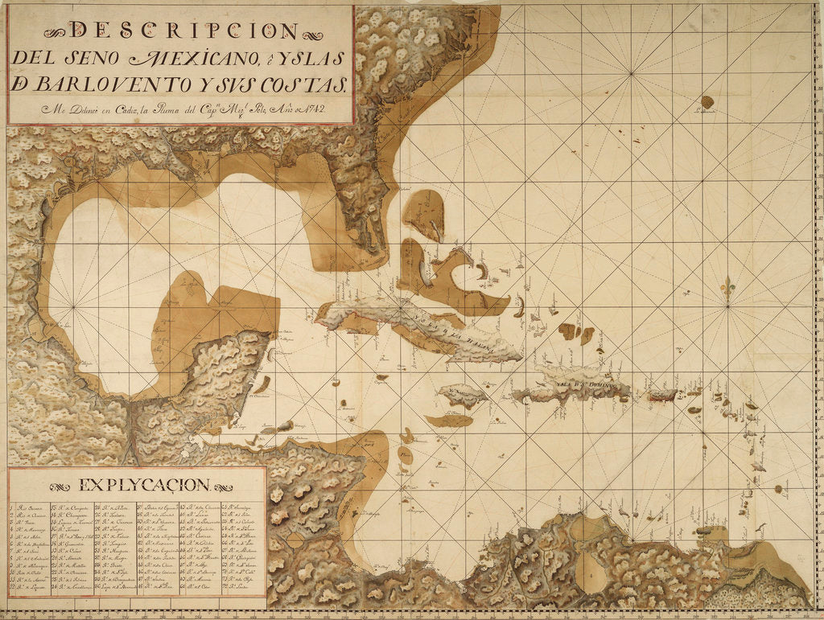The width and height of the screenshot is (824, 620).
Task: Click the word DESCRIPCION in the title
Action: tap(184, 31)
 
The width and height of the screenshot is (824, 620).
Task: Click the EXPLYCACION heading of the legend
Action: tap(144, 485)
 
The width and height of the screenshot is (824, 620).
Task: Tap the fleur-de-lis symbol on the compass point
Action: tap(727, 287)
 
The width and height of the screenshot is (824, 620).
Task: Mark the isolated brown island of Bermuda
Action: tap(707, 102)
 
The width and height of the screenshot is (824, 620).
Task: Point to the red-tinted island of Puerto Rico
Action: tap(662, 395)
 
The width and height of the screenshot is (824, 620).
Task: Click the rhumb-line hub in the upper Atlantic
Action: tap(632, 74)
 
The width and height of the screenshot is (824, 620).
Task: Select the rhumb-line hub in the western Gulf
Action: tap(73, 307)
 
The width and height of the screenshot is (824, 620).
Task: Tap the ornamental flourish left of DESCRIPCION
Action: tap(57, 32)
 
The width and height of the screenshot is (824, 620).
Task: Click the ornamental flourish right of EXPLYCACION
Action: tap(223, 487)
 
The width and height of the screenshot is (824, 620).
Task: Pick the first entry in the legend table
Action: tap(28, 508)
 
